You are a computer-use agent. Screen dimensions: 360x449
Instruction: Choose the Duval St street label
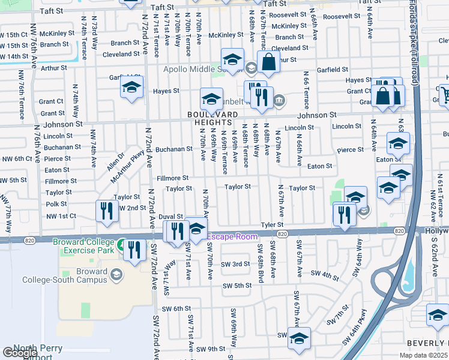click(171, 216)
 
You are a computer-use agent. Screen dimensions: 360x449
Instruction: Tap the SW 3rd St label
click(235, 264)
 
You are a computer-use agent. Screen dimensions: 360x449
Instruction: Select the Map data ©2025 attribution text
click(423, 355)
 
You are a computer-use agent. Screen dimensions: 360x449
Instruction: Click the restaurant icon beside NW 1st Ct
click(106, 211)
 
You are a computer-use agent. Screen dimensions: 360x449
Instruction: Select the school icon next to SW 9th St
click(298, 338)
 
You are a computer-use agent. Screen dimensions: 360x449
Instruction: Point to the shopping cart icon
click(445, 94)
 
